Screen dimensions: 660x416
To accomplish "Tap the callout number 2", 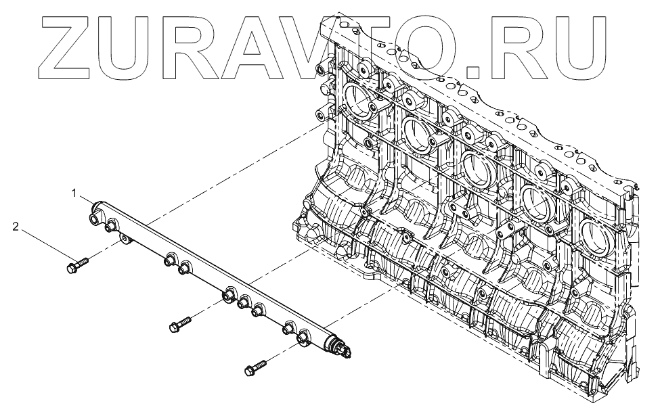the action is point(15,227).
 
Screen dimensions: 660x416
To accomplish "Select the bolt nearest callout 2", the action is point(76,264).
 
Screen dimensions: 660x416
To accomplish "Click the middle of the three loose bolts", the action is point(179,323).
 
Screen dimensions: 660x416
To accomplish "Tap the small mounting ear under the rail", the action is point(125,239).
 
